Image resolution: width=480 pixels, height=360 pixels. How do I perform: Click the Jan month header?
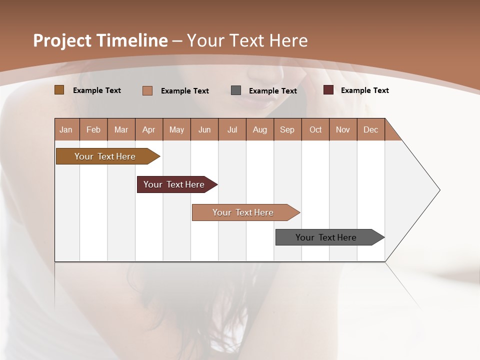tap(66, 129)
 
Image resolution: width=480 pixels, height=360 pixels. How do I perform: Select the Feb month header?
tap(93, 129)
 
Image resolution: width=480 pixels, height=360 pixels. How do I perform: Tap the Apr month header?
tap(149, 129)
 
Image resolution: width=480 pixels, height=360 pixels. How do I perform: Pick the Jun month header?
tap(204, 129)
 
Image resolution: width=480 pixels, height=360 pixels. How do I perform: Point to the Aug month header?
tap(260, 129)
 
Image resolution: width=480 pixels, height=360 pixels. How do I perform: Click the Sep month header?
tap(287, 129)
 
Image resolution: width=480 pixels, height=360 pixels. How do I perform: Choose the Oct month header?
tap(315, 129)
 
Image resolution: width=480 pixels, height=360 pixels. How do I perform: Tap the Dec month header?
tap(371, 129)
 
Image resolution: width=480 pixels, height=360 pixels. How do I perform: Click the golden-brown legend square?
tap(59, 90)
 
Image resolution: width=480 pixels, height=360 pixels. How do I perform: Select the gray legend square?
tap(236, 90)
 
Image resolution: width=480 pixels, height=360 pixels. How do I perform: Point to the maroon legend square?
tap(328, 90)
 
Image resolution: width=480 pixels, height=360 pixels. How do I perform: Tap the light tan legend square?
tap(147, 90)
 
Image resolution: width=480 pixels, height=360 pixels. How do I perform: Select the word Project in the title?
tap(62, 40)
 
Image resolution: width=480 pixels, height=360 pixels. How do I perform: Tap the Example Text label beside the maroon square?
tap(364, 90)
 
